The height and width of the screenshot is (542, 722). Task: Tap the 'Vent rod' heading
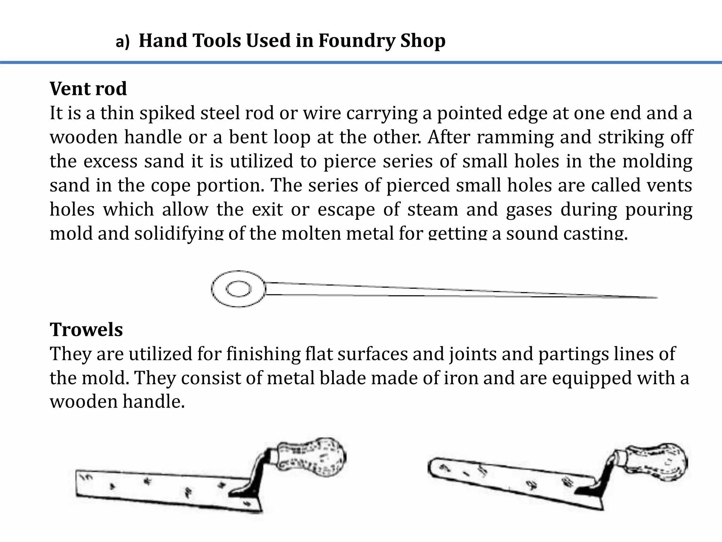pyautogui.click(x=88, y=89)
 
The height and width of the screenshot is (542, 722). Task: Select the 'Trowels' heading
pyautogui.click(x=86, y=330)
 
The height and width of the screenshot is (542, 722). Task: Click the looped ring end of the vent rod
pyautogui.click(x=239, y=289)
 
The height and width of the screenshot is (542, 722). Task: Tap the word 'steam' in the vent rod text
pyautogui.click(x=433, y=209)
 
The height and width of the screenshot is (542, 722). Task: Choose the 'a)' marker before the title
pyautogui.click(x=123, y=42)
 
